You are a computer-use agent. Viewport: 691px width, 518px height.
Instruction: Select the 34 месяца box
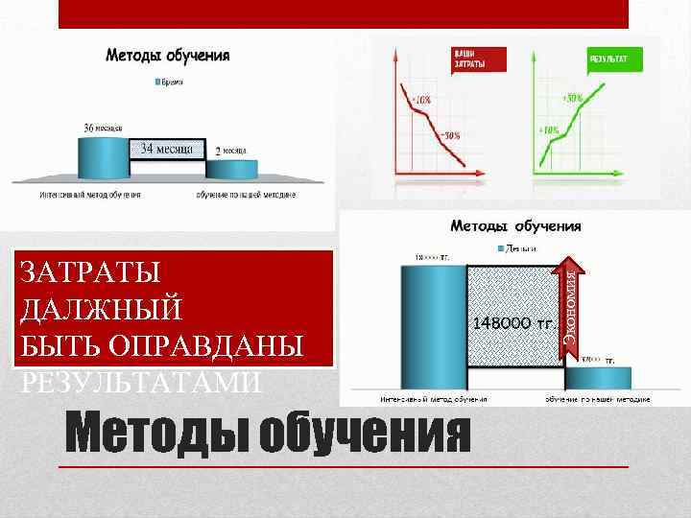tap(167, 148)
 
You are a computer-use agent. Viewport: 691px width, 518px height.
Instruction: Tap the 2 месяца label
tap(230, 151)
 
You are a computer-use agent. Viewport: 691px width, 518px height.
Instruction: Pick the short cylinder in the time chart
tap(233, 169)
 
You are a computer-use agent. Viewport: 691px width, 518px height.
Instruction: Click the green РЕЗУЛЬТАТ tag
tap(608, 59)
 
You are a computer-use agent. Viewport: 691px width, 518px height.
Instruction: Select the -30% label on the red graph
tap(450, 134)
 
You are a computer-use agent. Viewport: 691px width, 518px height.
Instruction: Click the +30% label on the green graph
tap(573, 98)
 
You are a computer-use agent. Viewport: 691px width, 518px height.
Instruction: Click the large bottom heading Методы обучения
tap(268, 434)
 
